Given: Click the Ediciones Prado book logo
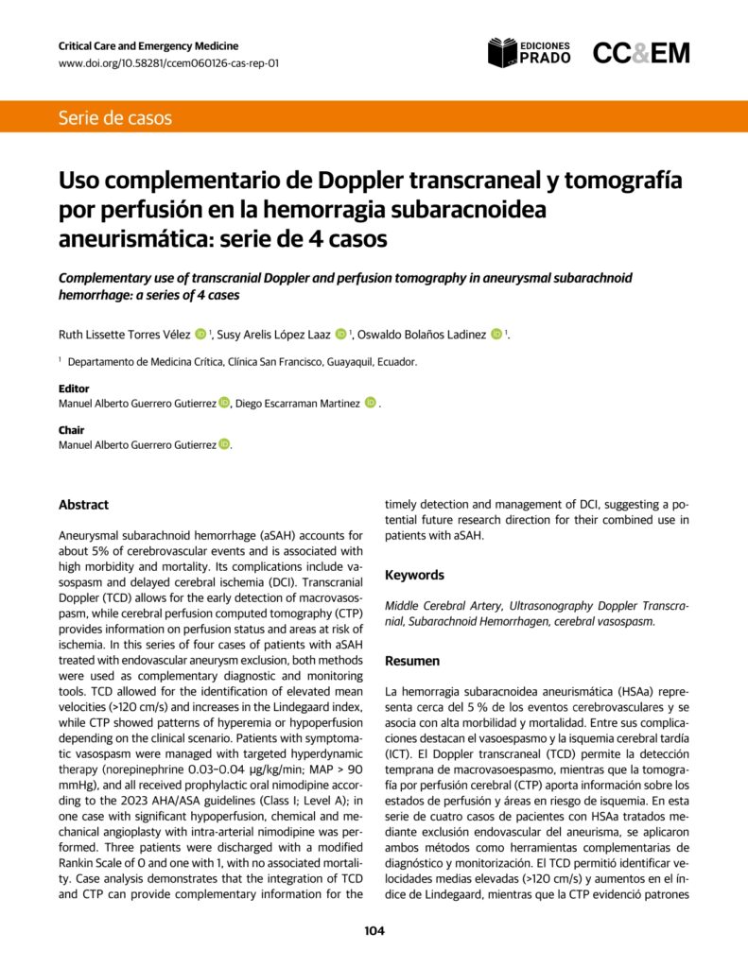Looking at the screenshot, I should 502,53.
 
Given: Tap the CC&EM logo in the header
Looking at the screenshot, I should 640,54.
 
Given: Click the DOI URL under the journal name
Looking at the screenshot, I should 168,63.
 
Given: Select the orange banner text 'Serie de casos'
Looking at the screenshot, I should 115,118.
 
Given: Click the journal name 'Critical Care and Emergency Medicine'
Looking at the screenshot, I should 148,45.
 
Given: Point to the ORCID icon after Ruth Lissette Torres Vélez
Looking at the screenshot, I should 200,334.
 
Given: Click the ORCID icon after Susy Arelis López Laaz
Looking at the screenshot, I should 340,334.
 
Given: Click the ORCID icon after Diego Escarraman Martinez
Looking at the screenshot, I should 371,404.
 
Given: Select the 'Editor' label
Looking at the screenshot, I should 74,389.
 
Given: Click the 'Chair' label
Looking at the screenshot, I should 71,430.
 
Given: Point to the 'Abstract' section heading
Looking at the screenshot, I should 83,505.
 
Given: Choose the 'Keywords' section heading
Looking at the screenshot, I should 414,575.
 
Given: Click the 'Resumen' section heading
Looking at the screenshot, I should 412,662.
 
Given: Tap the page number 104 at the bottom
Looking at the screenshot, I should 374,931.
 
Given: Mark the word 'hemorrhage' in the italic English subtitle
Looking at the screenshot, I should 98,295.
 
